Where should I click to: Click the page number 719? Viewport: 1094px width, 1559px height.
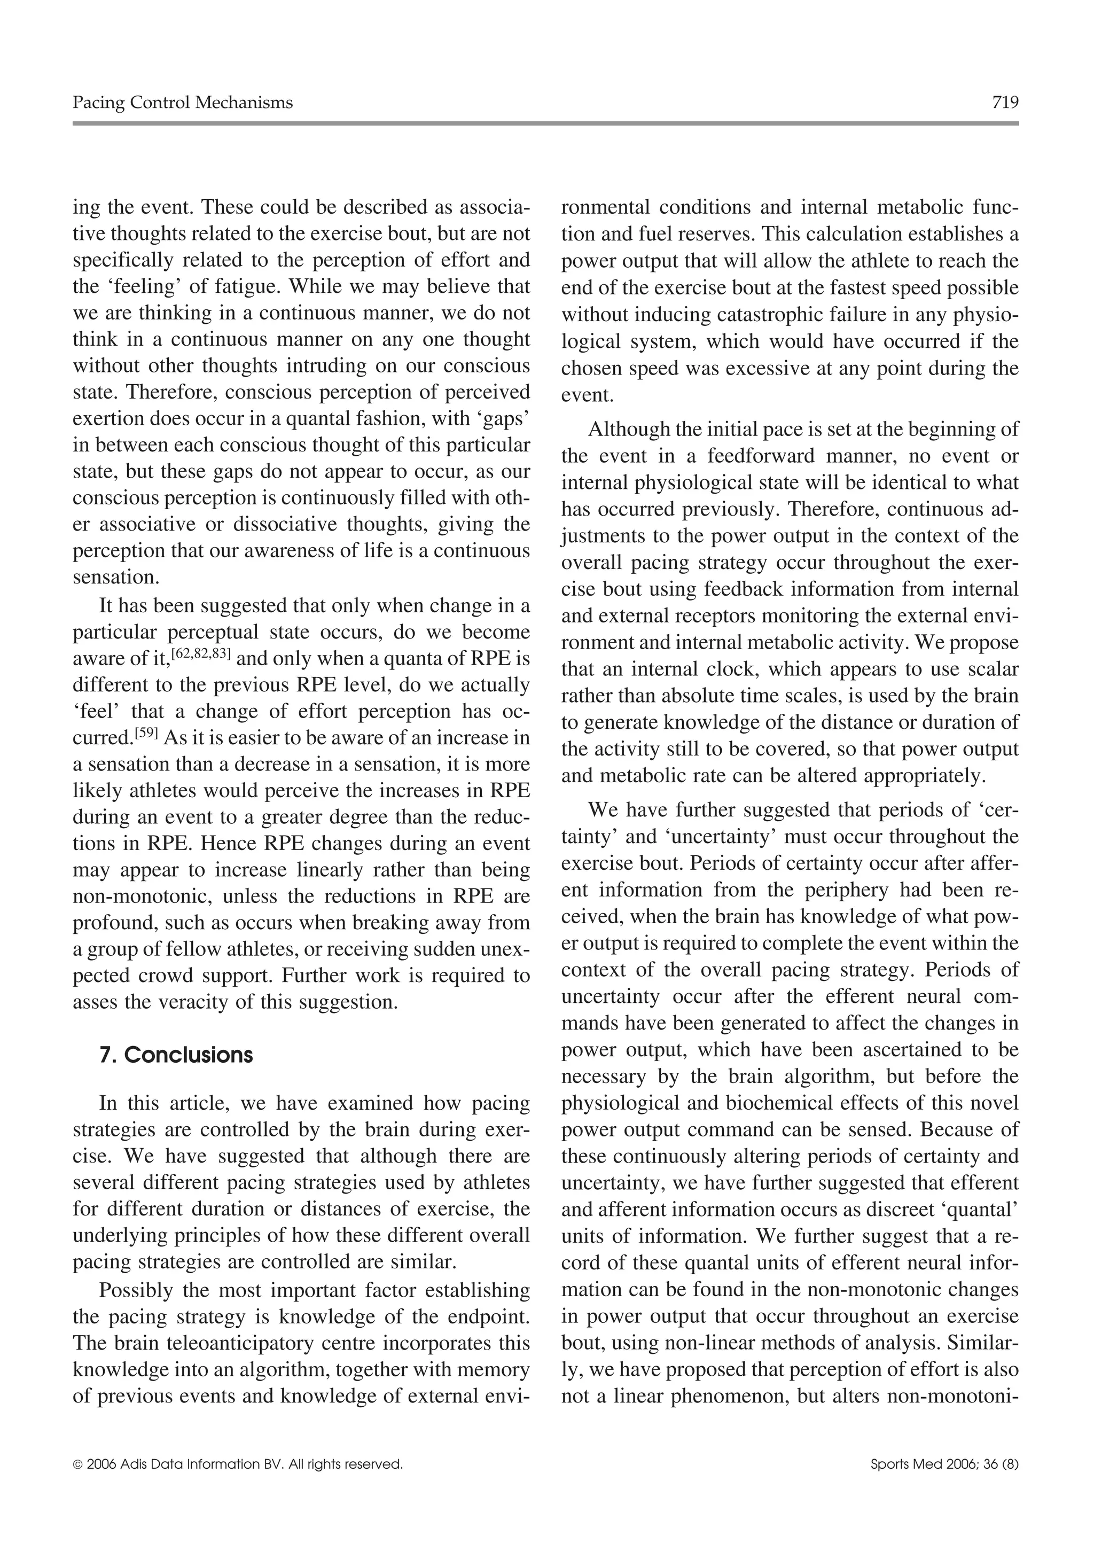pyautogui.click(x=1005, y=103)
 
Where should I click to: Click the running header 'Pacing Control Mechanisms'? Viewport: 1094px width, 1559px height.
pyautogui.click(x=183, y=103)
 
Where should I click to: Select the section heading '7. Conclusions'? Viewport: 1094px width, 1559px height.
pyautogui.click(x=176, y=1055)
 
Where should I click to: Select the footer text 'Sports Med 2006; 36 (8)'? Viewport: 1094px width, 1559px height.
pyautogui.click(x=944, y=1484)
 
